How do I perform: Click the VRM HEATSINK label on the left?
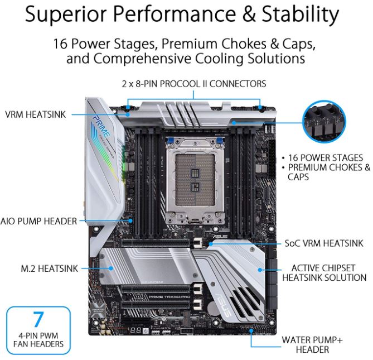tap(35, 114)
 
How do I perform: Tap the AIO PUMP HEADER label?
tap(38, 221)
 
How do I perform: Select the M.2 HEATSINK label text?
tap(49, 268)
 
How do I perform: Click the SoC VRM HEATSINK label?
tap(324, 243)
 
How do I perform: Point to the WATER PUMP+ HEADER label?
tap(312, 345)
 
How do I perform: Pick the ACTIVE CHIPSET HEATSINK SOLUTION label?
tap(324, 273)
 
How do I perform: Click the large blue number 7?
tap(38, 319)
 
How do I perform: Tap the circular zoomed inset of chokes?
tap(324, 122)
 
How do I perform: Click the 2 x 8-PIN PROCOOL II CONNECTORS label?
tap(194, 84)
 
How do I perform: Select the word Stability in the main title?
tap(300, 14)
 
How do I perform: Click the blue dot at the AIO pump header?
tap(130, 220)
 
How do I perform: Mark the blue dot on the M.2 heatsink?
tap(110, 268)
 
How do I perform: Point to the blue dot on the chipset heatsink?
tap(260, 270)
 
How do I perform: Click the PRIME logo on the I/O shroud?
tap(101, 127)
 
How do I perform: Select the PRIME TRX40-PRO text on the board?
tap(169, 297)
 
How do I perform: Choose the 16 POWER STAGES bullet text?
tap(326, 157)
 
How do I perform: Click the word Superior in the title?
tap(66, 15)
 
